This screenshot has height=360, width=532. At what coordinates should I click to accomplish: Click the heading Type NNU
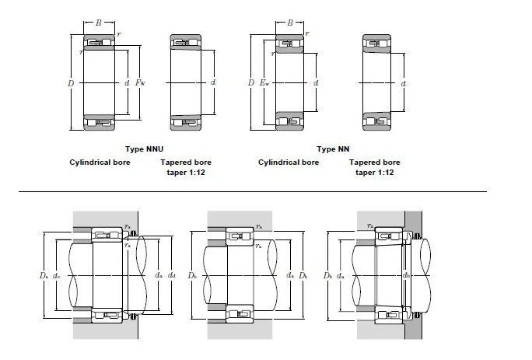coord(144,149)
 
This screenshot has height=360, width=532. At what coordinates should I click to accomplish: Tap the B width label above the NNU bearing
coord(99,23)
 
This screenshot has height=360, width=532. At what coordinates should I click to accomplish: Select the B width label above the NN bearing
coord(290,23)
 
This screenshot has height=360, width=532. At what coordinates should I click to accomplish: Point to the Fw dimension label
coord(141,82)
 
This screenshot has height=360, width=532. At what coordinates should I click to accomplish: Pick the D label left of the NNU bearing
coord(71,82)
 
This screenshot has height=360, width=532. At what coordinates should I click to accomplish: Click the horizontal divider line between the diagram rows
coord(252,190)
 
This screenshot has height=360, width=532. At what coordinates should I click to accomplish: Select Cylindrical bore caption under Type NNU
coord(100,162)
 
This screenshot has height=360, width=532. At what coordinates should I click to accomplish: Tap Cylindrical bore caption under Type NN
coord(289,162)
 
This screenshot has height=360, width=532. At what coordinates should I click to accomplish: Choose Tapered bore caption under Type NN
coord(375,162)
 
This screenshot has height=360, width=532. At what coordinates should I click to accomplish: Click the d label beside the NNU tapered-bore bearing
coord(212,82)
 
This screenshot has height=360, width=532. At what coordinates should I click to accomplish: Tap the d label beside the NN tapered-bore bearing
coord(403,82)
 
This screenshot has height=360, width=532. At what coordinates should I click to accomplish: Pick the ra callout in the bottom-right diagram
coord(370,225)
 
